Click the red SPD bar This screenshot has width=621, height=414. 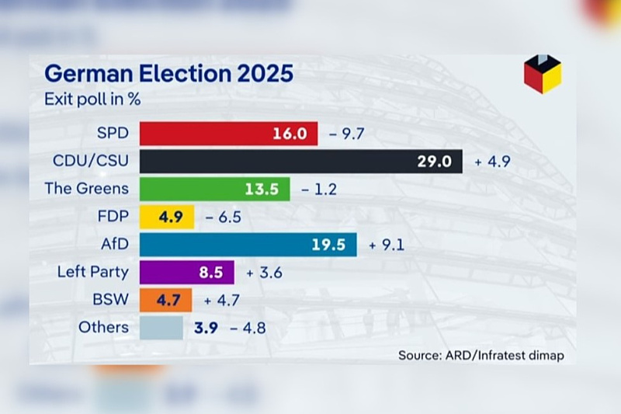[x=228, y=134]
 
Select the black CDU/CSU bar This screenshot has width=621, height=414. [x=300, y=162]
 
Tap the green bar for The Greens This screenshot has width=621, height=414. [x=214, y=189]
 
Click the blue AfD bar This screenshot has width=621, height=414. [x=248, y=245]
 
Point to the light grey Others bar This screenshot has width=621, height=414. [x=161, y=327]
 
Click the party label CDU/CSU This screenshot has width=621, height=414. [x=91, y=161]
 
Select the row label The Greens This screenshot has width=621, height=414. [x=86, y=188]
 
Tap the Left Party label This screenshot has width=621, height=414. [x=93, y=272]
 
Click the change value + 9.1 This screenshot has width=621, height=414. [x=387, y=245]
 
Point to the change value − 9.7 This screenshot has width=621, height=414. [x=347, y=134]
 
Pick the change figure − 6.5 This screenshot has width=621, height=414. [x=223, y=217]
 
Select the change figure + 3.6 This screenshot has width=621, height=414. [x=263, y=273]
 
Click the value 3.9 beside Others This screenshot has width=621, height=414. [x=206, y=328]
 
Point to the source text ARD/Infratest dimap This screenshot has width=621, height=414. [x=503, y=356]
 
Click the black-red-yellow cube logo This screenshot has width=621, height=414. [x=543, y=74]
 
